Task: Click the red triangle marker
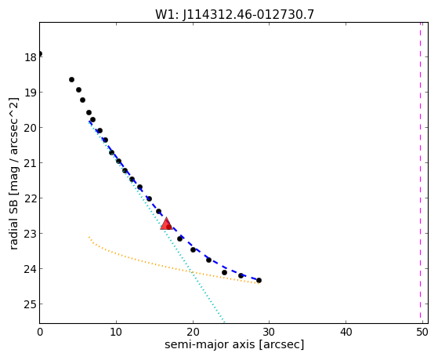(x=166, y=224)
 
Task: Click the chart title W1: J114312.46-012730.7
(x=234, y=15)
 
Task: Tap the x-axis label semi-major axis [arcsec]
(x=234, y=344)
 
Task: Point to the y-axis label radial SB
(x=13, y=218)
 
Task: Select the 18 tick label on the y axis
(x=31, y=57)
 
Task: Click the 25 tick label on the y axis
(x=31, y=304)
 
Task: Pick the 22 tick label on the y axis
(x=31, y=198)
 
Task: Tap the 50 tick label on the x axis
(x=422, y=332)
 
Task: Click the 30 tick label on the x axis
(x=270, y=332)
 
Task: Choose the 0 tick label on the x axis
(x=40, y=332)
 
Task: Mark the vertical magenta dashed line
(x=421, y=173)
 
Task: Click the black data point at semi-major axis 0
(x=40, y=53)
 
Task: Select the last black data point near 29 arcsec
(x=259, y=280)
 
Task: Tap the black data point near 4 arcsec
(x=71, y=80)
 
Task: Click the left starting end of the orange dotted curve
(x=89, y=237)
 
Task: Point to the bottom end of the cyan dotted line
(x=224, y=322)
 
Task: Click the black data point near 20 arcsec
(x=193, y=249)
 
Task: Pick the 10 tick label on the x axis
(x=116, y=332)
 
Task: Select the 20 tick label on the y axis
(x=31, y=128)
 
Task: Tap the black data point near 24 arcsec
(x=224, y=272)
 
